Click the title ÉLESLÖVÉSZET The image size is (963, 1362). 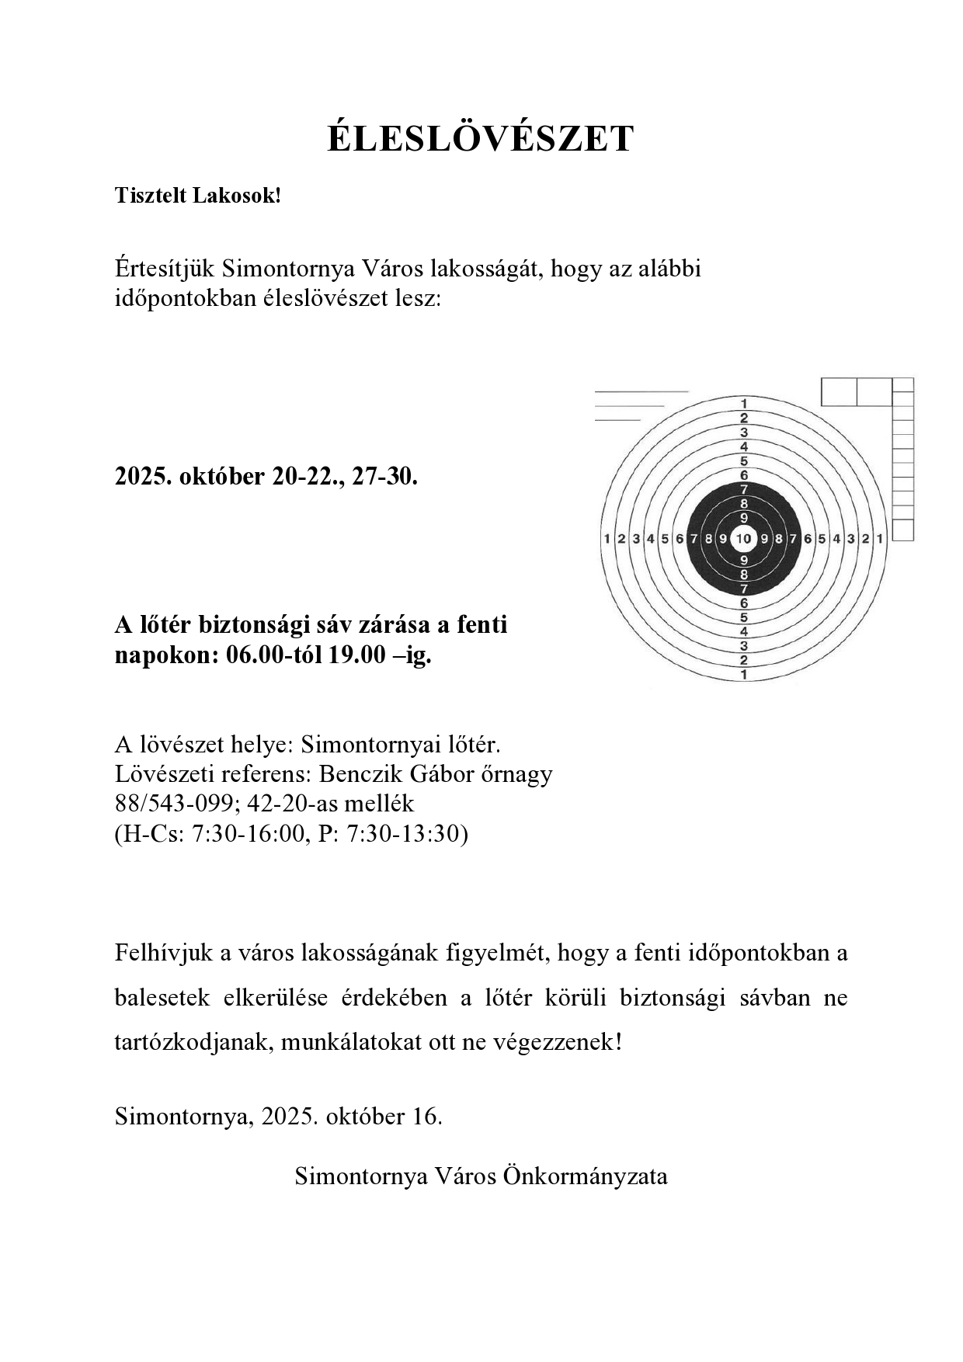[x=481, y=140]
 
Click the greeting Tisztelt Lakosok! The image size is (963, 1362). [x=197, y=196]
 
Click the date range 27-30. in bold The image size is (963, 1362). [x=385, y=476]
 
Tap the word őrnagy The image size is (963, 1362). [x=517, y=774]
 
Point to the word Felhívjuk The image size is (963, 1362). [x=162, y=953]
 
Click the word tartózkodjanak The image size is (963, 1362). [x=193, y=1042]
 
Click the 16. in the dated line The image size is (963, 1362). [x=428, y=1117]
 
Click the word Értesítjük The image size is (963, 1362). [x=165, y=269]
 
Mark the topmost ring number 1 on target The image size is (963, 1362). [x=744, y=404]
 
